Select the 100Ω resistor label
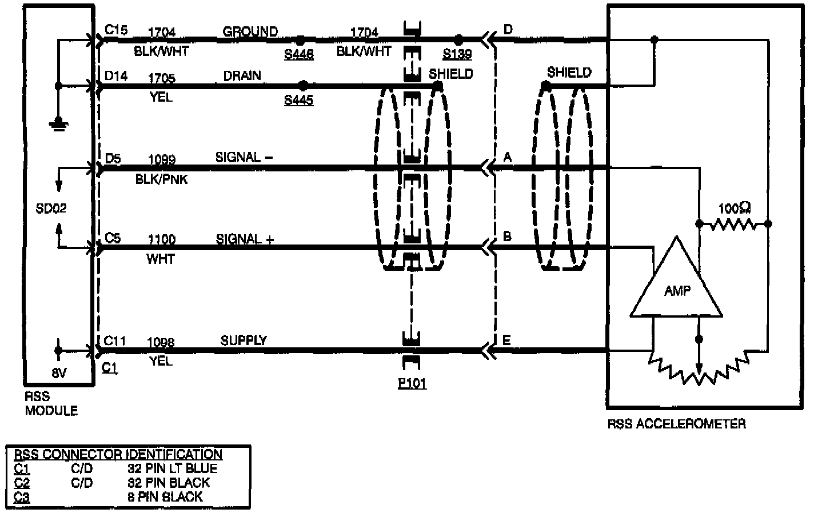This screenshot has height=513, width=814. [x=735, y=208]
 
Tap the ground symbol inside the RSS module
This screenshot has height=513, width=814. [x=58, y=123]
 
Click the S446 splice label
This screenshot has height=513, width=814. [x=298, y=54]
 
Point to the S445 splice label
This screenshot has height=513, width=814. [x=298, y=101]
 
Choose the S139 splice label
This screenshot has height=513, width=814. [x=457, y=54]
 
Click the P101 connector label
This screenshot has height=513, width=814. [x=412, y=383]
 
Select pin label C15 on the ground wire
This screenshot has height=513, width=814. [x=116, y=30]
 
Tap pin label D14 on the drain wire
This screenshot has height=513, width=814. [x=116, y=76]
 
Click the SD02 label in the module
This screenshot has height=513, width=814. [x=51, y=208]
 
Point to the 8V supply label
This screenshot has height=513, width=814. [x=59, y=374]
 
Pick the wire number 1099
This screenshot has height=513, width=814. [x=162, y=159]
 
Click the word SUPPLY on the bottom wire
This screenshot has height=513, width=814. [x=244, y=340]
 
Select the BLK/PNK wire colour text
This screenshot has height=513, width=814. [x=161, y=179]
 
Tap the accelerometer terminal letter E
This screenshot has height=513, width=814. [x=506, y=340]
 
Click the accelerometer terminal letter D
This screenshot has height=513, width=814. [x=508, y=30]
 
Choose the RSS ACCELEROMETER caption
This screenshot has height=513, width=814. [x=676, y=423]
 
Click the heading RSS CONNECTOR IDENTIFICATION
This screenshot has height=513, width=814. [x=118, y=454]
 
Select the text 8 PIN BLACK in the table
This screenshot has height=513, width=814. [x=165, y=496]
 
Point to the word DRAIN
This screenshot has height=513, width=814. [x=242, y=75]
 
